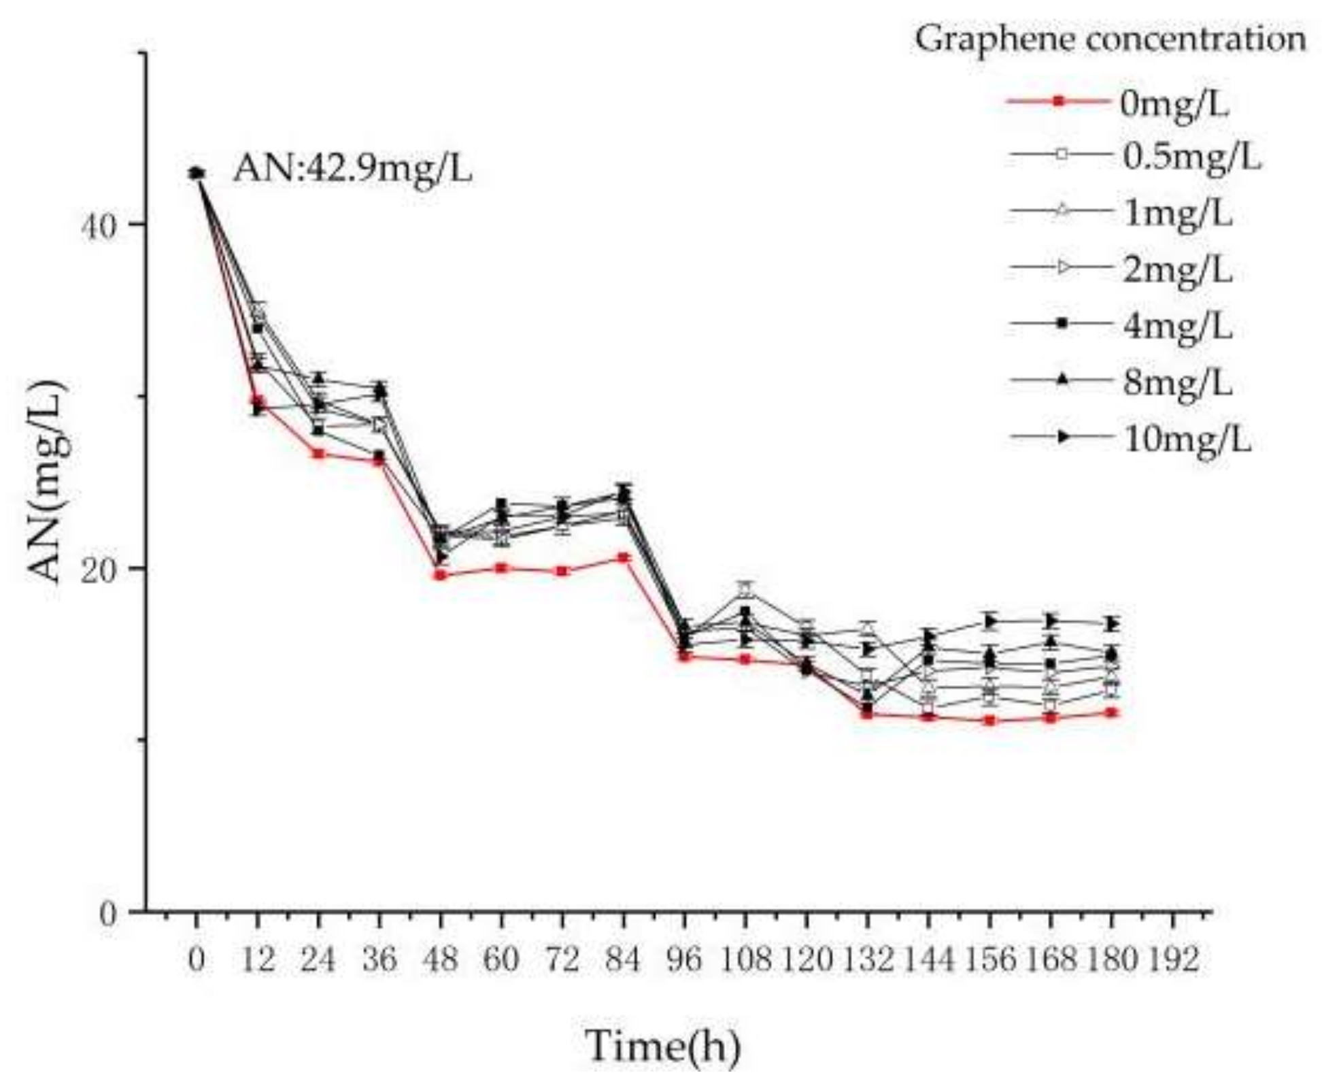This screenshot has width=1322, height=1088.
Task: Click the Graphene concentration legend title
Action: tap(1110, 39)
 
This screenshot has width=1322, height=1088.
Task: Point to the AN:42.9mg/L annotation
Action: tap(352, 168)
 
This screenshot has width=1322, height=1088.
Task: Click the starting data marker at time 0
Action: tap(197, 174)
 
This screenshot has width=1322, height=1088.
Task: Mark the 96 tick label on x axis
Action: tap(684, 960)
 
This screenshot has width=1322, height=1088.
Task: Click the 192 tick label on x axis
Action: tap(1172, 960)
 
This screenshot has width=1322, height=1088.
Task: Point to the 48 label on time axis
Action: tap(441, 960)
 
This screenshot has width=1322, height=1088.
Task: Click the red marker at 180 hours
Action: tap(1112, 712)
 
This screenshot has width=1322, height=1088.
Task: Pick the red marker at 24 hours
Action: tap(318, 453)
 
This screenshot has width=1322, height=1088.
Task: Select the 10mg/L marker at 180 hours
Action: tap(1112, 624)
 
